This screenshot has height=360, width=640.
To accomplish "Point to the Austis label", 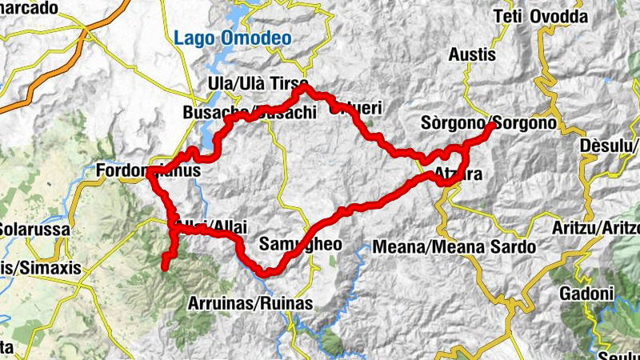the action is pyautogui.click(x=472, y=55).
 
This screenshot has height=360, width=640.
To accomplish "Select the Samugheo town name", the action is pyautogui.click(x=301, y=244).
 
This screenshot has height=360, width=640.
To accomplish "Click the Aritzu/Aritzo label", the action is pyautogui.click(x=596, y=228).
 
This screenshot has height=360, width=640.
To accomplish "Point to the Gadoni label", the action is pyautogui.click(x=586, y=293).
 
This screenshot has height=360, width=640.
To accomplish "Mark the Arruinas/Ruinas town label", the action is pyautogui.click(x=249, y=303).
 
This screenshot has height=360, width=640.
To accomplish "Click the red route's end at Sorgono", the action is pyautogui.click(x=490, y=126).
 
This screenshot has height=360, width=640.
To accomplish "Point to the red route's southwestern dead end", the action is pyautogui.click(x=165, y=267).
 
